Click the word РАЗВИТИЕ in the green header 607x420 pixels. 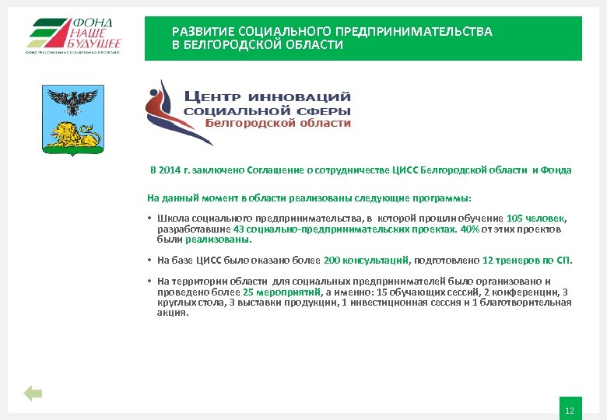click(205, 32)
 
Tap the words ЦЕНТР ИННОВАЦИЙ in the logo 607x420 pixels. click(267, 97)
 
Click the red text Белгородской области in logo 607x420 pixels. click(278, 123)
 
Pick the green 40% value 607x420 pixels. click(469, 229)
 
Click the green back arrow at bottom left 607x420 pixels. click(32, 394)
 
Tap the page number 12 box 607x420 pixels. click(570, 410)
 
